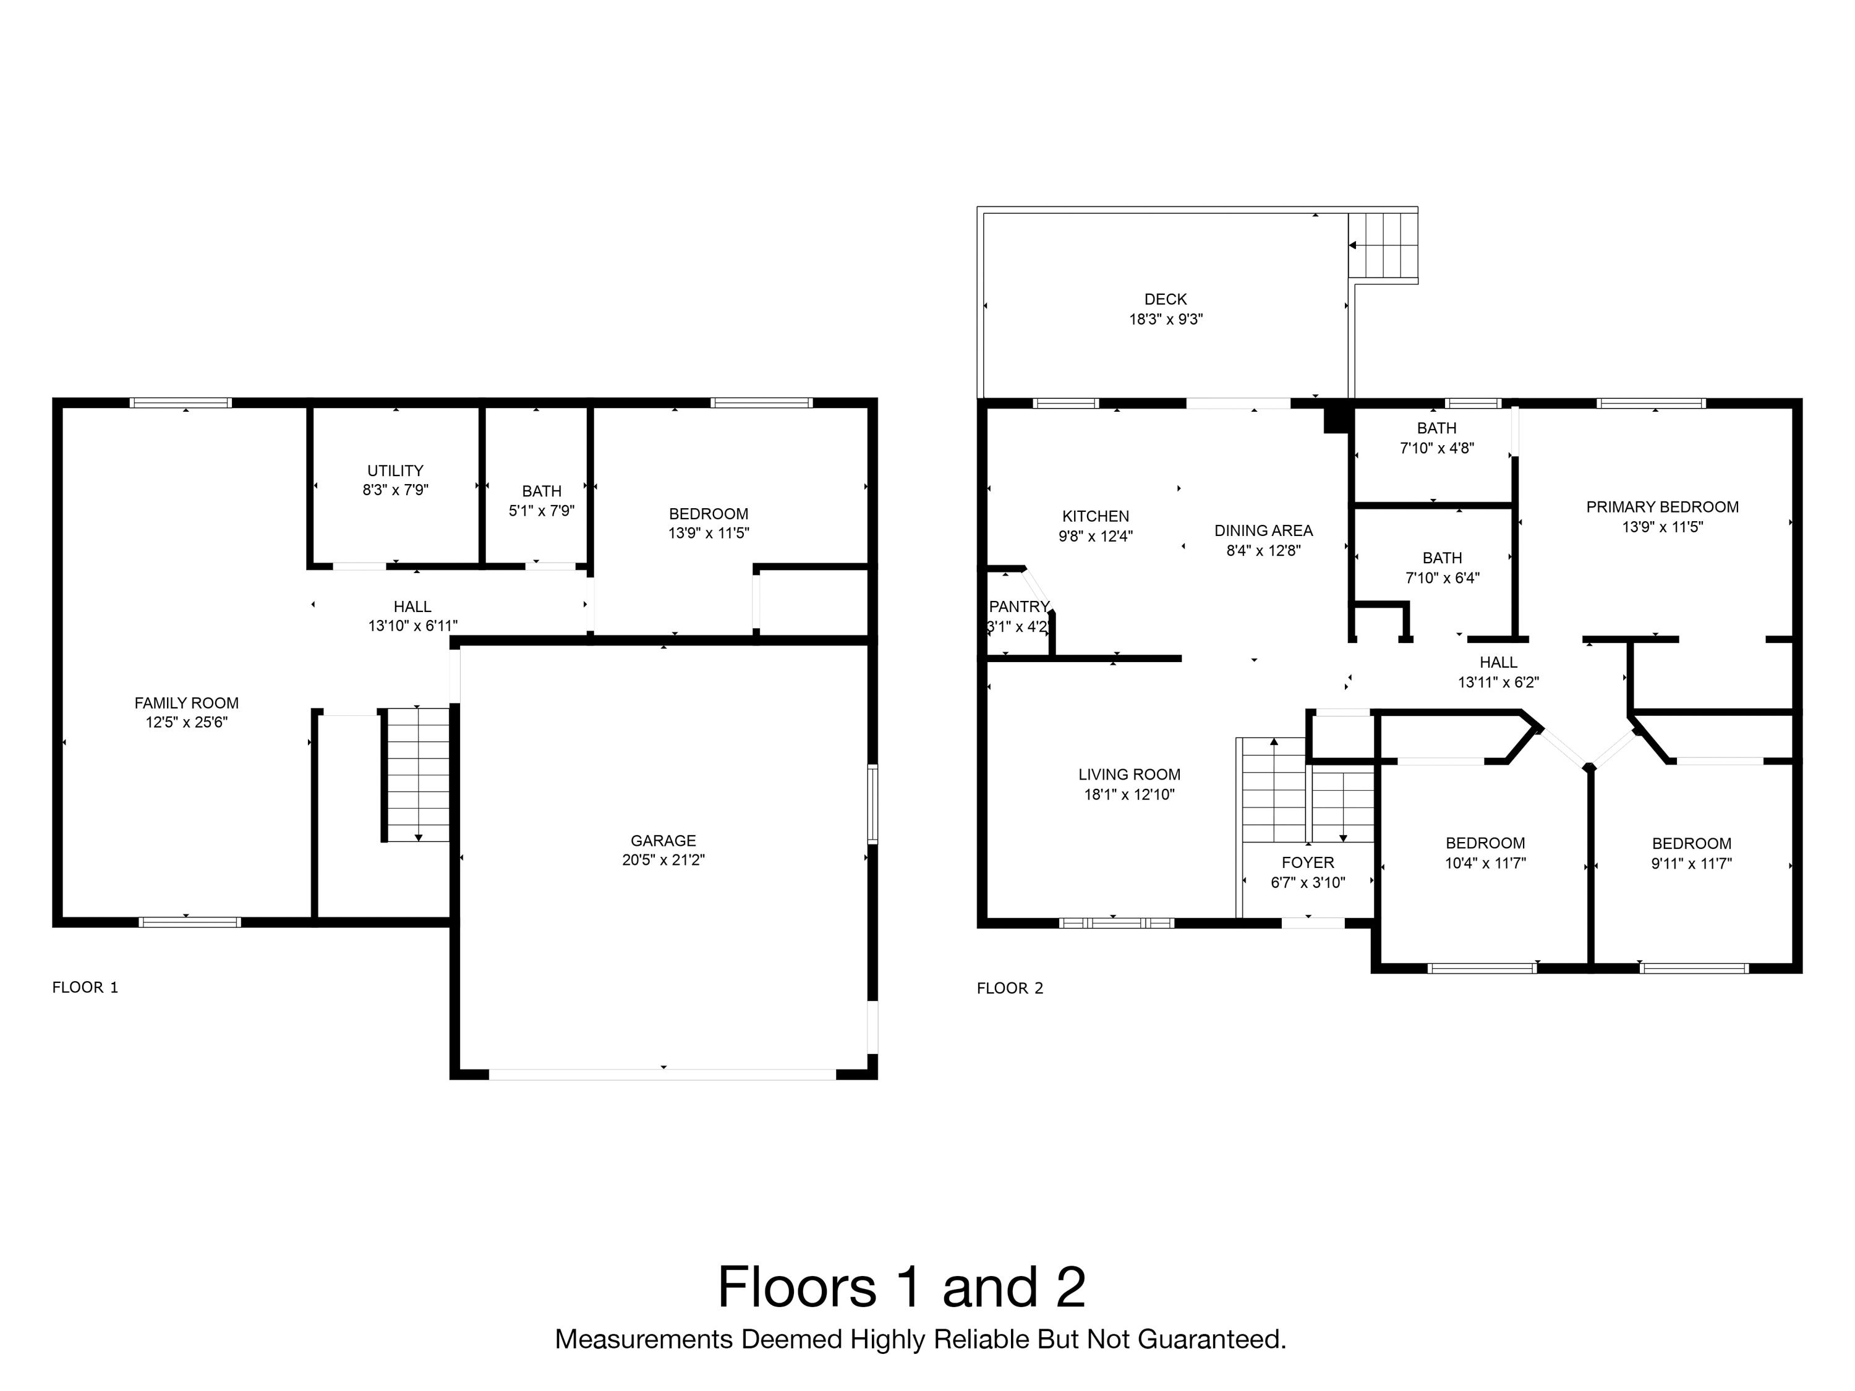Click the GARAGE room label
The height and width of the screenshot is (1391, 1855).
(663, 840)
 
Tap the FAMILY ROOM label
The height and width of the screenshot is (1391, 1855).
(186, 703)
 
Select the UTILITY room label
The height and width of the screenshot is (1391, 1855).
(395, 470)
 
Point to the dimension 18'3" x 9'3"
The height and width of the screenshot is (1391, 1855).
(1166, 318)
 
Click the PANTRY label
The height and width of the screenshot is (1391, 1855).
(1020, 606)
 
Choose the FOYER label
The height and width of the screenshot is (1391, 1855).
(1307, 862)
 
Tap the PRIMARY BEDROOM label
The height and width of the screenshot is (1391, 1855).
(1662, 506)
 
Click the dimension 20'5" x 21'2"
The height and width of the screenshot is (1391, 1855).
(663, 859)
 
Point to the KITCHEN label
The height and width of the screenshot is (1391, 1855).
(1095, 516)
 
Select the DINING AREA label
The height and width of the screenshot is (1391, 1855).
(1263, 530)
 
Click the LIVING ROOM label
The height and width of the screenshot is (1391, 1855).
(1128, 774)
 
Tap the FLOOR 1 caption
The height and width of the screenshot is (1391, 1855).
(85, 987)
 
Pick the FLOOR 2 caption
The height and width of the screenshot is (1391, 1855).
(1010, 988)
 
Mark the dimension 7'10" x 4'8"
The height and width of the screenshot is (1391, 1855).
(1436, 448)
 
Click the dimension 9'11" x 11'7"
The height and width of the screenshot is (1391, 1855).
(1692, 863)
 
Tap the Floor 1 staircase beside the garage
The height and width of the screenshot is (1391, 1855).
(417, 774)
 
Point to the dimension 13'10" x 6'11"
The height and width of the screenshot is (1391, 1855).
(412, 626)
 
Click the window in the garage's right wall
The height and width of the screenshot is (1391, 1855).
(872, 803)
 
